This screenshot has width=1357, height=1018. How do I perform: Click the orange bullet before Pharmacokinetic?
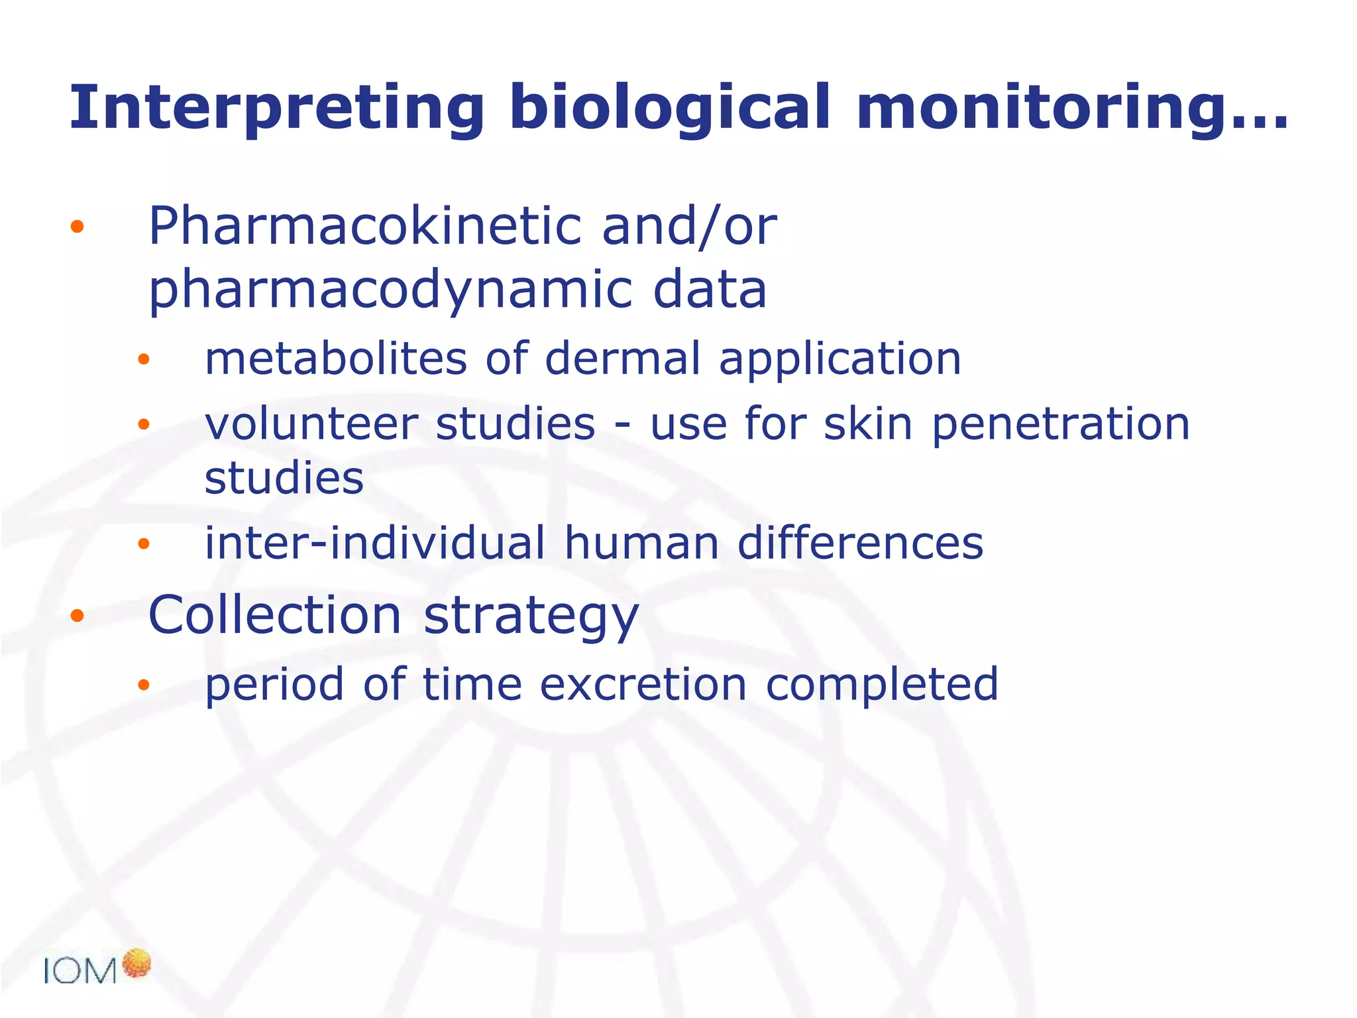(x=78, y=227)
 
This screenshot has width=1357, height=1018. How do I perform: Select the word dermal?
(x=622, y=359)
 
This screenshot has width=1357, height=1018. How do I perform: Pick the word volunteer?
(x=311, y=424)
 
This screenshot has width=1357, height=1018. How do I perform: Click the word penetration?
(x=1060, y=425)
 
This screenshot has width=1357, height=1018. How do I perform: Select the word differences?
(x=860, y=543)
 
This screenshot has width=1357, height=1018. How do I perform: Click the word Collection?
(x=274, y=615)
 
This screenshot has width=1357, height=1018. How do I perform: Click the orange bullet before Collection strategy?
(x=78, y=616)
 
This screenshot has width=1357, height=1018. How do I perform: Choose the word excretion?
(x=643, y=684)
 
